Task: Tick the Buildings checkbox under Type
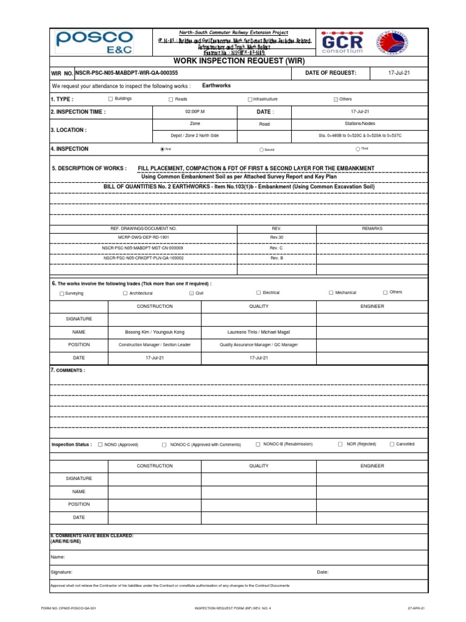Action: click(110, 98)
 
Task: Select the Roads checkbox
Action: click(171, 99)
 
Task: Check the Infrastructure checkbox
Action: click(249, 99)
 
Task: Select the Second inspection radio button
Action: click(261, 149)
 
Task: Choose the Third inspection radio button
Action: click(357, 149)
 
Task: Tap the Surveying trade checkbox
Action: click(61, 293)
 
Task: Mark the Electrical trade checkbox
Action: click(258, 293)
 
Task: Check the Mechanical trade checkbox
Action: click(331, 293)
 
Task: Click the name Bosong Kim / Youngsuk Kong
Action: click(155, 332)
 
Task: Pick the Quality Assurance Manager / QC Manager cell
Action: click(258, 344)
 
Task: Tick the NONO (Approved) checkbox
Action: click(100, 445)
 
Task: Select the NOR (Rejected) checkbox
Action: click(340, 445)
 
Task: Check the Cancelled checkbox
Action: click(392, 445)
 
